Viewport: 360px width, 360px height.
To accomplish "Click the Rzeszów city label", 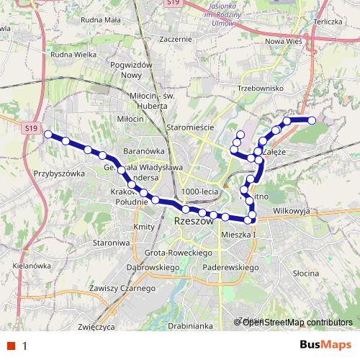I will (x=194, y=222).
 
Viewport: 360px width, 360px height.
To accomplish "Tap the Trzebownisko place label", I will (x=261, y=88).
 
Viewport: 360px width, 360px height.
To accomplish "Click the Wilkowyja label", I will (x=292, y=212).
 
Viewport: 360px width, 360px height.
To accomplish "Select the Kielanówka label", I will (x=30, y=266).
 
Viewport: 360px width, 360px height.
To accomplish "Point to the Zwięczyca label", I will (x=96, y=325).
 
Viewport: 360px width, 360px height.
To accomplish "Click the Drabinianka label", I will (x=187, y=325).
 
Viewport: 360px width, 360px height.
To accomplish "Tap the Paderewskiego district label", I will (x=230, y=267).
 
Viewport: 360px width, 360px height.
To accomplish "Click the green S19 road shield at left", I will (x=29, y=127).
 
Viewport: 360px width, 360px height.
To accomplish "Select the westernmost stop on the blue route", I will (x=48, y=135).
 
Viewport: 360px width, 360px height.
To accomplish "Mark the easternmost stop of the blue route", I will (x=312, y=120).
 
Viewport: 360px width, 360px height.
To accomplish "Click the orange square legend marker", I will (x=11, y=346).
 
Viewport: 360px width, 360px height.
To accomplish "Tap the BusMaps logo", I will (x=325, y=346).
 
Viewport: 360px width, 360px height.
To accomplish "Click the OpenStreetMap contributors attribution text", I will (x=297, y=322).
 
